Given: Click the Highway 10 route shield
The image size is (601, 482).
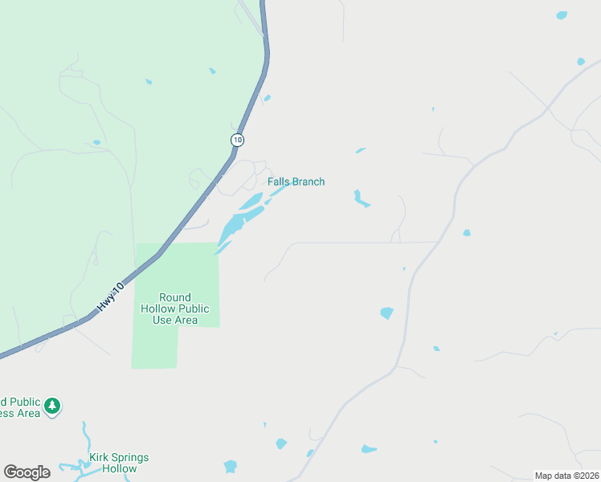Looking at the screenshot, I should (236, 140).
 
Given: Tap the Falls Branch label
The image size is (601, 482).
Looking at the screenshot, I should (296, 182).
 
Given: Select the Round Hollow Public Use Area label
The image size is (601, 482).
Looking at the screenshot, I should (175, 308).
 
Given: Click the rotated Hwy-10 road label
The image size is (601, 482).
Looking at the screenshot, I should (111, 296).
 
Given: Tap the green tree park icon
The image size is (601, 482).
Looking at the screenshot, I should (52, 406).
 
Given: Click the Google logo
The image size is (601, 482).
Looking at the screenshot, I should (27, 472).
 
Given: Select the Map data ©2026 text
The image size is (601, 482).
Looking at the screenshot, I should (566, 476).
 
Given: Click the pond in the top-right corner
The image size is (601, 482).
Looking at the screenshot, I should (562, 15).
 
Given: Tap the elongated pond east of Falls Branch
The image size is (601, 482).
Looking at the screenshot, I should (361, 198).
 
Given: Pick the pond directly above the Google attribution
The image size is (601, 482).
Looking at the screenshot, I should (369, 449).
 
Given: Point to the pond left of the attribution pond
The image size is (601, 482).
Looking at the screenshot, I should (280, 443).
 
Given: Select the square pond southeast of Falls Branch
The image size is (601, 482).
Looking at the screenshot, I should (386, 312).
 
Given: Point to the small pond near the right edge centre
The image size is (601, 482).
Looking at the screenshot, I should (466, 233).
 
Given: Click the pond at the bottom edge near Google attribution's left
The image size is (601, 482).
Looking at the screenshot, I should (231, 466).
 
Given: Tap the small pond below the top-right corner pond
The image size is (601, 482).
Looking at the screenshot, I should (580, 61).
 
